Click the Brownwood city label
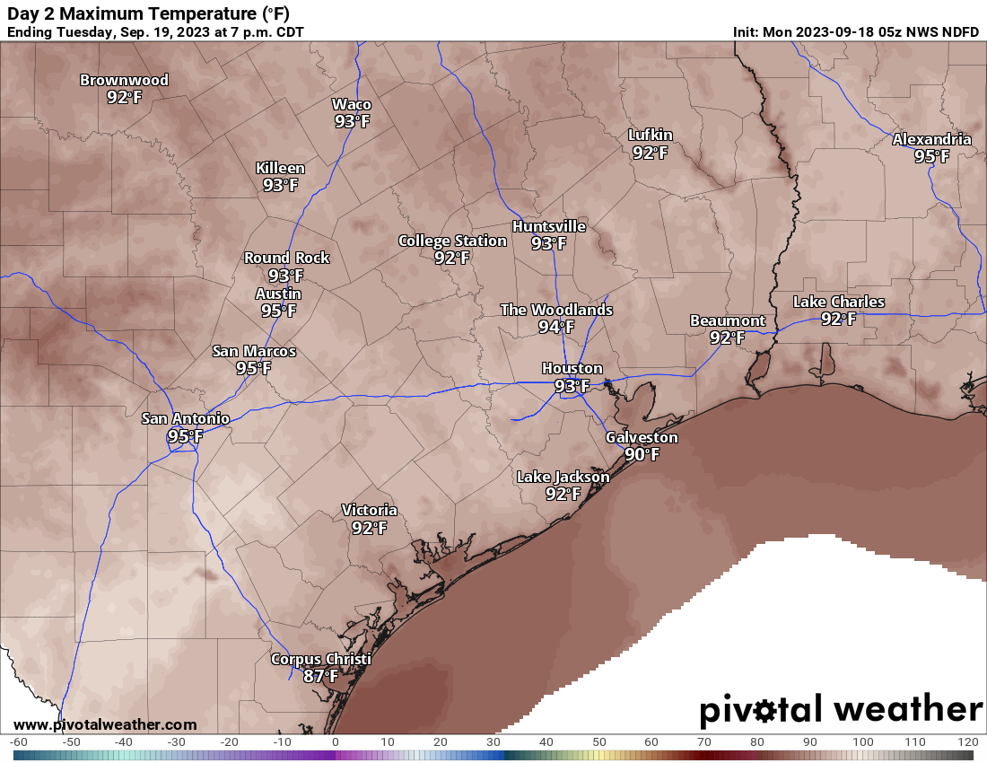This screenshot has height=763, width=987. pyautogui.click(x=124, y=80)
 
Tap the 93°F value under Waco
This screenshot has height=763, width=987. pyautogui.click(x=352, y=121)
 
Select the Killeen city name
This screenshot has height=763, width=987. pyautogui.click(x=280, y=168)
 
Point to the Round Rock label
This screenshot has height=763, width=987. pyautogui.click(x=286, y=258)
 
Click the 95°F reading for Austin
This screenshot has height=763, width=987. pyautogui.click(x=278, y=311)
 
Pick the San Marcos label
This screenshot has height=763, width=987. pyautogui.click(x=254, y=351)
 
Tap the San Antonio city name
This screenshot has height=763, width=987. pyautogui.click(x=186, y=418)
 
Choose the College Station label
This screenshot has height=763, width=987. pyautogui.click(x=452, y=241)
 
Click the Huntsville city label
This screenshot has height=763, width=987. pyautogui.click(x=548, y=226)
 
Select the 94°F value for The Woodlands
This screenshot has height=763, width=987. pyautogui.click(x=556, y=327)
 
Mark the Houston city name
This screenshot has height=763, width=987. pyautogui.click(x=572, y=368)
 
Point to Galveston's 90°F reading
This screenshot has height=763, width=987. pyautogui.click(x=642, y=454)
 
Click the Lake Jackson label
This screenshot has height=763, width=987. pyautogui.click(x=563, y=477)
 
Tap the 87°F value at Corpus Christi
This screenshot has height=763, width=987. pyautogui.click(x=320, y=676)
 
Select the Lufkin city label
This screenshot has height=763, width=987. pyautogui.click(x=650, y=135)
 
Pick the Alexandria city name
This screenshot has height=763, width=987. pyautogui.click(x=931, y=139)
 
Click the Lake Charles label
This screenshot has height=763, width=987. pyautogui.click(x=838, y=302)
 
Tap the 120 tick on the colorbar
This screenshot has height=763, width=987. pyautogui.click(x=967, y=742)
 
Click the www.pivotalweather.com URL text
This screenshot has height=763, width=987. pyautogui.click(x=105, y=724)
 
